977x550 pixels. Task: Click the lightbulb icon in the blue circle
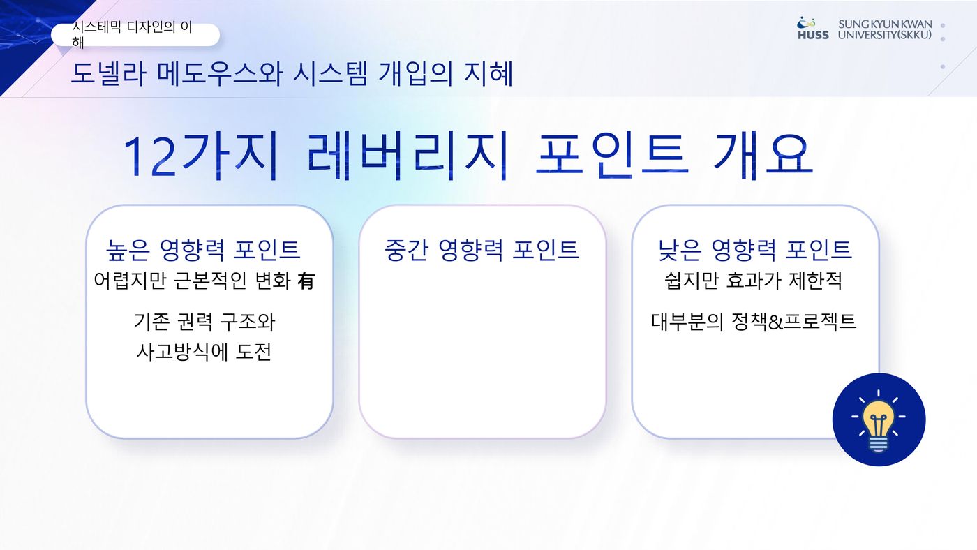pos(879,420)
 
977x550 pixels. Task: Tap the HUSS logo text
pos(813,36)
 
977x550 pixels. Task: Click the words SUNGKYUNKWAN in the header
pos(885,24)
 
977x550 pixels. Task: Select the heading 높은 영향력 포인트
pos(203,250)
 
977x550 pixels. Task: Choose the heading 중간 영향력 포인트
pos(482,250)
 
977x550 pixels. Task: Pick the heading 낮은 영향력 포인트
pos(754,250)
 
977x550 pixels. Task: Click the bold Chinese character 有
pos(306,281)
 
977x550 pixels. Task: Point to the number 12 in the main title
pos(149,156)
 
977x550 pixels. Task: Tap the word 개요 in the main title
pos(763,156)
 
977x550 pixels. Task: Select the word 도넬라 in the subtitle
pos(108,73)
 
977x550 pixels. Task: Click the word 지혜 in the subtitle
pos(488,73)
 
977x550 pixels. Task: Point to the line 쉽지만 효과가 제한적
pos(753,281)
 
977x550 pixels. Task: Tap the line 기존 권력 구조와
pos(204,322)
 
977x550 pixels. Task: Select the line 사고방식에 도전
pos(204,352)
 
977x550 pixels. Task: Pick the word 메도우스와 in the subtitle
pos(220,73)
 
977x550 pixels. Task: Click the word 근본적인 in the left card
pos(211,281)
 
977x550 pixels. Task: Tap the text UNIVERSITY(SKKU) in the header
pos(885,35)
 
